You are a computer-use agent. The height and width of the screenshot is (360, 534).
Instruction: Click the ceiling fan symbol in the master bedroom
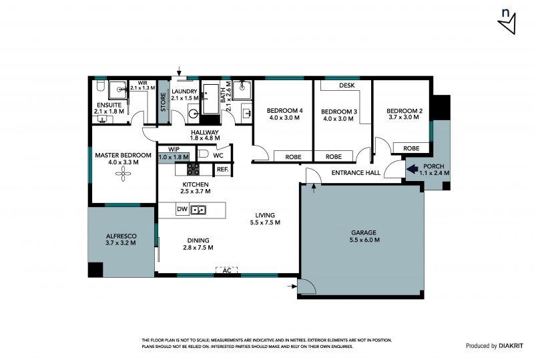[123, 174]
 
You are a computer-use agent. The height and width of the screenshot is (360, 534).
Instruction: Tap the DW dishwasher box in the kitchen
[182, 209]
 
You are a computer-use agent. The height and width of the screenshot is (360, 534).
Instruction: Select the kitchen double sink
[198, 210]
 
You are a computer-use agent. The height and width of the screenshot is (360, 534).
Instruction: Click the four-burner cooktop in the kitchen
[193, 169]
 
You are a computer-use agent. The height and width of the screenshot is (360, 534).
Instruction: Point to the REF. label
[223, 169]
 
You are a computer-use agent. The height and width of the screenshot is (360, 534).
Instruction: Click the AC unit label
[227, 271]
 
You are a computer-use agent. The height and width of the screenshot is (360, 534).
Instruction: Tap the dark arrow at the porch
[413, 168]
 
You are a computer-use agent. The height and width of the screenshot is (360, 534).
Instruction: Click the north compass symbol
[507, 21]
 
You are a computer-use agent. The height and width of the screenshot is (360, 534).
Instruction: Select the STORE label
[164, 102]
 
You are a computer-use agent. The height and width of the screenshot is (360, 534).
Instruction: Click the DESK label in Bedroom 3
[346, 85]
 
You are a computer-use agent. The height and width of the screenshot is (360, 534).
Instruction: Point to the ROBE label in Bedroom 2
[411, 148]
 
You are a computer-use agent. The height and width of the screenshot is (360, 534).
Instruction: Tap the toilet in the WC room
[203, 154]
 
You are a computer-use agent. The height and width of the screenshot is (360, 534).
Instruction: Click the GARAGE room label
[364, 232]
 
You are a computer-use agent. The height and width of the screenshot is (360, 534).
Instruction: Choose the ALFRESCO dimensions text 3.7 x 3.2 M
[121, 243]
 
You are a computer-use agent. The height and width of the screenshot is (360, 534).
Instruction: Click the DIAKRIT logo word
[511, 346]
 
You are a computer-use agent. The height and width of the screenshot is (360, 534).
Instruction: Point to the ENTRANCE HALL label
[356, 173]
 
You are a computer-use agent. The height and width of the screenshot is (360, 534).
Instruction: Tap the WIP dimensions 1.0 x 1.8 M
[174, 157]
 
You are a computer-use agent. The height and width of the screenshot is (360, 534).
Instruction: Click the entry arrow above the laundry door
[179, 71]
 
